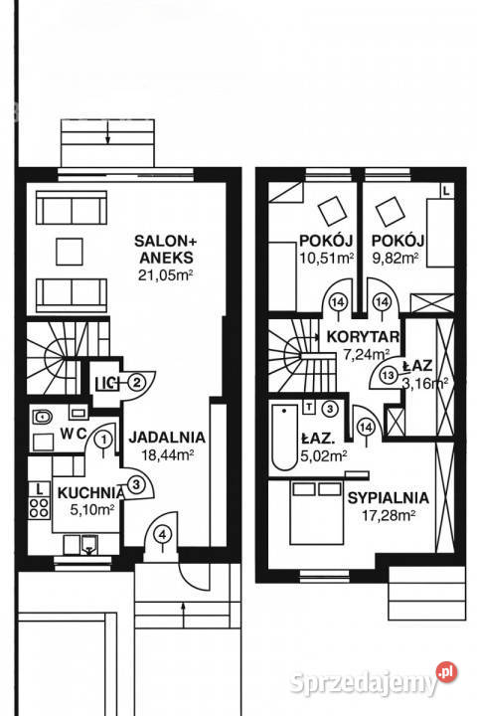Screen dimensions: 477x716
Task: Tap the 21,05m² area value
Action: pyautogui.click(x=165, y=275)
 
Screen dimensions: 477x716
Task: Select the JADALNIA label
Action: pyautogui.click(x=167, y=437)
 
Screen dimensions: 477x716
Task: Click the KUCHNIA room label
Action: pyautogui.click(x=91, y=492)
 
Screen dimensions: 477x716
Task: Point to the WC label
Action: pyautogui.click(x=74, y=434)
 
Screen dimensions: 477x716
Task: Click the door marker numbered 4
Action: pyautogui.click(x=163, y=533)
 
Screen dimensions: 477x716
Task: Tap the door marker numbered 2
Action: pyautogui.click(x=136, y=381)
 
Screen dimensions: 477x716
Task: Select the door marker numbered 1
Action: pyautogui.click(x=104, y=440)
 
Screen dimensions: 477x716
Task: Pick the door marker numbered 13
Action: pyautogui.click(x=389, y=375)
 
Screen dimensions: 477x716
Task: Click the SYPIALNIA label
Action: pyautogui.click(x=389, y=498)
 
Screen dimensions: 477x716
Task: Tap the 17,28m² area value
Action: pyautogui.click(x=389, y=516)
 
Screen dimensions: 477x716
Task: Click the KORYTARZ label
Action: pyautogui.click(x=364, y=337)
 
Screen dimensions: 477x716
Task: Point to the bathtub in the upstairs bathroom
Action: pyautogui.click(x=284, y=437)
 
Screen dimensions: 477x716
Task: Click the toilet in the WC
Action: pyautogui.click(x=43, y=417)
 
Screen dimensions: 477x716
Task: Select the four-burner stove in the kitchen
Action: pyautogui.click(x=40, y=508)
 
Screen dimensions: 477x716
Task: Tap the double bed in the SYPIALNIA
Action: pyautogui.click(x=317, y=511)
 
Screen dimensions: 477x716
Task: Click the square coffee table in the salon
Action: pyautogui.click(x=70, y=252)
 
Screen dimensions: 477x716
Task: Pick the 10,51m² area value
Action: pyautogui.click(x=327, y=258)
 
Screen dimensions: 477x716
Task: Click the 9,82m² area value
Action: pyautogui.click(x=396, y=258)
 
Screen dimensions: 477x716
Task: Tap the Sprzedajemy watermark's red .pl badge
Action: pyautogui.click(x=446, y=672)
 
